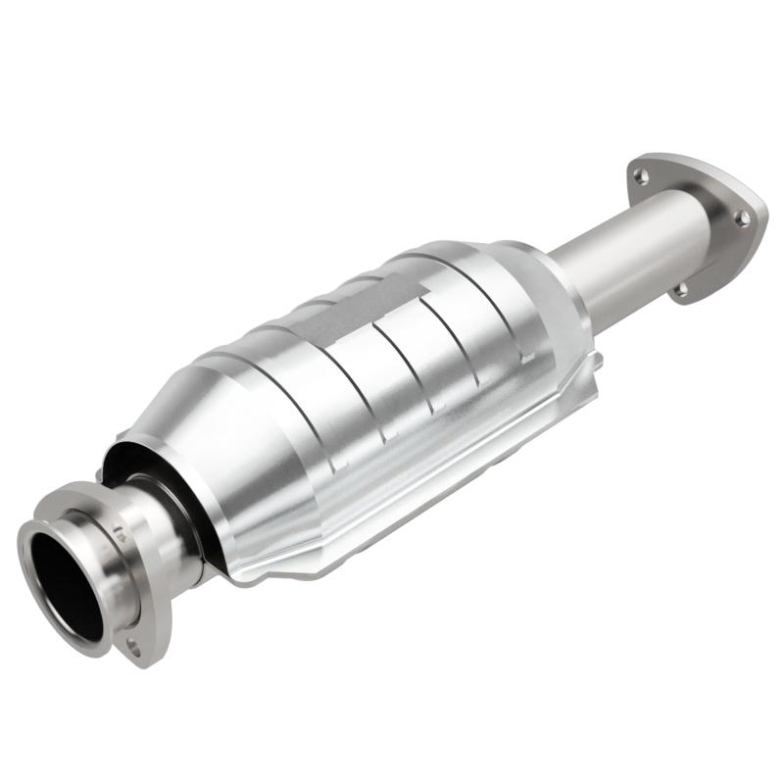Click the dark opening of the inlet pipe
click(67, 578)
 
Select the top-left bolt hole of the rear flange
click(639, 176)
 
